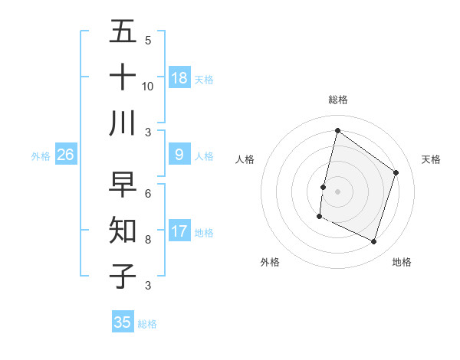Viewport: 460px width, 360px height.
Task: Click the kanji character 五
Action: (x=123, y=32)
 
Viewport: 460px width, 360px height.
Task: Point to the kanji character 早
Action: (x=123, y=185)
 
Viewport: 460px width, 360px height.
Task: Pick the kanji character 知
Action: (x=123, y=230)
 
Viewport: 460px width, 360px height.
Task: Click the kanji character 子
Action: (x=123, y=276)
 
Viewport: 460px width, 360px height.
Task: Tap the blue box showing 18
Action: (x=179, y=77)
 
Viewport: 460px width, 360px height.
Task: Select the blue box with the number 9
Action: (x=179, y=155)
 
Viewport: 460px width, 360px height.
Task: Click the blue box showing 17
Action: (x=179, y=231)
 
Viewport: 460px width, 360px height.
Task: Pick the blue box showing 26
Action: (x=65, y=155)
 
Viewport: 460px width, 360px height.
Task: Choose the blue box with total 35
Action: (x=123, y=322)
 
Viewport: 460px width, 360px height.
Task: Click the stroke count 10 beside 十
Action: (x=147, y=86)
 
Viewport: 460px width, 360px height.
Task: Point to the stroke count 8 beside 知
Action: (x=147, y=239)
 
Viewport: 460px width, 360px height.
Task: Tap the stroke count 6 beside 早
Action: (x=147, y=193)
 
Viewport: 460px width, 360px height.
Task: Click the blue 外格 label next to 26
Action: (x=41, y=156)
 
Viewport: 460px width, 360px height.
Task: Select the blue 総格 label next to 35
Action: (x=147, y=324)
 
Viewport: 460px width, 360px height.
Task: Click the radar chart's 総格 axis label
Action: (x=337, y=100)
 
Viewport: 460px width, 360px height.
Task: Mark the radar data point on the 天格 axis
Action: (x=396, y=172)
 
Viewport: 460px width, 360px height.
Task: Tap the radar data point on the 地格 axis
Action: (x=374, y=242)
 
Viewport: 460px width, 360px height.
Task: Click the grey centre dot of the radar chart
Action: (x=337, y=191)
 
